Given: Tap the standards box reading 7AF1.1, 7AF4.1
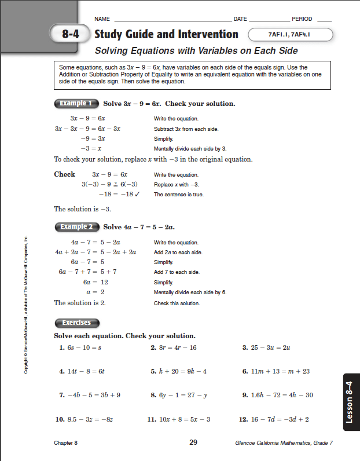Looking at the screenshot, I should [290, 35].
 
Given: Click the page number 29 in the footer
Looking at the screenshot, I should [193, 443].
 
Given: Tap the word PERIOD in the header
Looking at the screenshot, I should [302, 19].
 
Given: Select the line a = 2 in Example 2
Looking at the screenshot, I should [97, 292].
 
